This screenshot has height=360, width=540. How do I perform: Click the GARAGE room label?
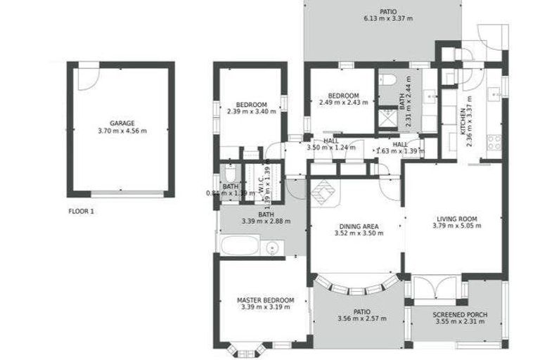[122, 123]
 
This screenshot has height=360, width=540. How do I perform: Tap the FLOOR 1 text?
[82, 211]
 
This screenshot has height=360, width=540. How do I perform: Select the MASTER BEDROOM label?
[265, 300]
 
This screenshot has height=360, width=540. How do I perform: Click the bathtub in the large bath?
[237, 247]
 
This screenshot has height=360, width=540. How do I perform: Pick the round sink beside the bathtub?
[273, 247]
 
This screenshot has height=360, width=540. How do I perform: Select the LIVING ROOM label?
[456, 218]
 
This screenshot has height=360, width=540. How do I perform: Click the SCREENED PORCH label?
[461, 314]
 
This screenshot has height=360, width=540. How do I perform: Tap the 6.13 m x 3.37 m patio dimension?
[388, 18]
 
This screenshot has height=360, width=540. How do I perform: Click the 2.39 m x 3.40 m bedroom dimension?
[252, 110]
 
